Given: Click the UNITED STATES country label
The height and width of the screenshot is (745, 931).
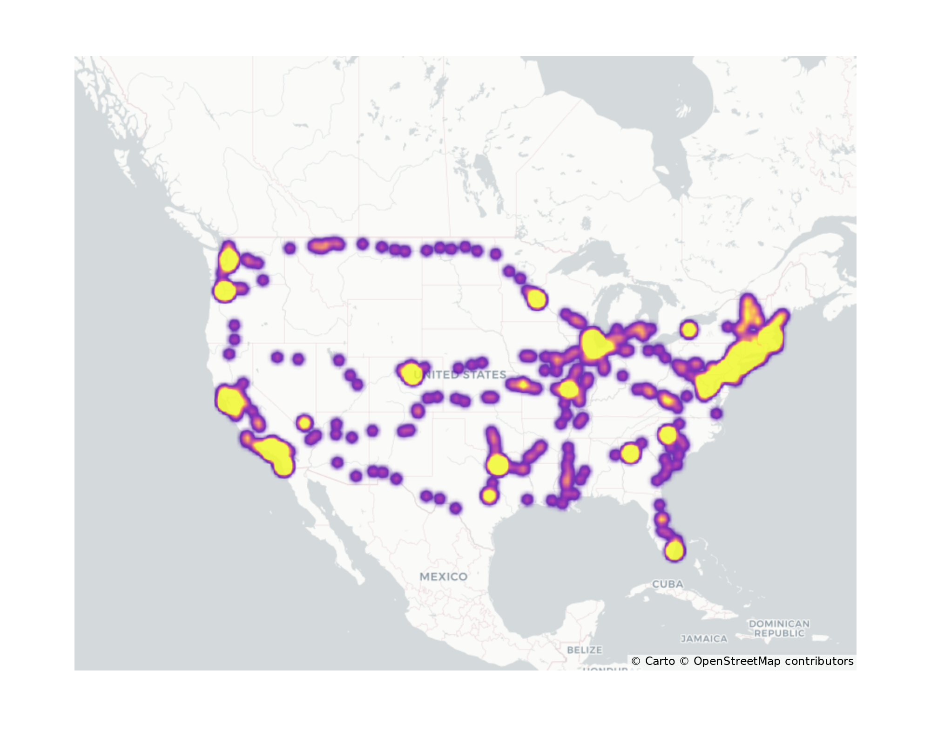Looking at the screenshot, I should [460, 375].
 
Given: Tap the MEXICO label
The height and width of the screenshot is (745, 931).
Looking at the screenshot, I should [443, 576].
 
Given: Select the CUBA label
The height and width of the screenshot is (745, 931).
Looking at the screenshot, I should [668, 584].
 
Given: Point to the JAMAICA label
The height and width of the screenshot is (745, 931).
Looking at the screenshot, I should [704, 639].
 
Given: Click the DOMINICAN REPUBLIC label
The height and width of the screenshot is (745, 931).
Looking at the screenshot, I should [779, 628].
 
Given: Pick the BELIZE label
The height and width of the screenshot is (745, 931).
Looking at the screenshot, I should [584, 650].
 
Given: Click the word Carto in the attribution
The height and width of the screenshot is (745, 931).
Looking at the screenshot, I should [660, 661].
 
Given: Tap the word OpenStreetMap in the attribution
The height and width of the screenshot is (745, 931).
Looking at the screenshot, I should [737, 661].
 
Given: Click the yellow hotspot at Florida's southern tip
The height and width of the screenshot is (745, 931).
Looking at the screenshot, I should [675, 550].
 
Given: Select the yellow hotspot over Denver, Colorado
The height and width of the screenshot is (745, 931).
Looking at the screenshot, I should [411, 373].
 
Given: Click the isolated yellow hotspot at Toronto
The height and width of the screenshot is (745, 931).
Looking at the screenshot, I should [689, 330].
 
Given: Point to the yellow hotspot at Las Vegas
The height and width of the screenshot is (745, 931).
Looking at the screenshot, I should [304, 423].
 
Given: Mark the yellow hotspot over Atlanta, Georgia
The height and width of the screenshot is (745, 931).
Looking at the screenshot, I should [630, 453].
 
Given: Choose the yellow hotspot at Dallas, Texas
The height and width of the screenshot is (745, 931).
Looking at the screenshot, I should [498, 464].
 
